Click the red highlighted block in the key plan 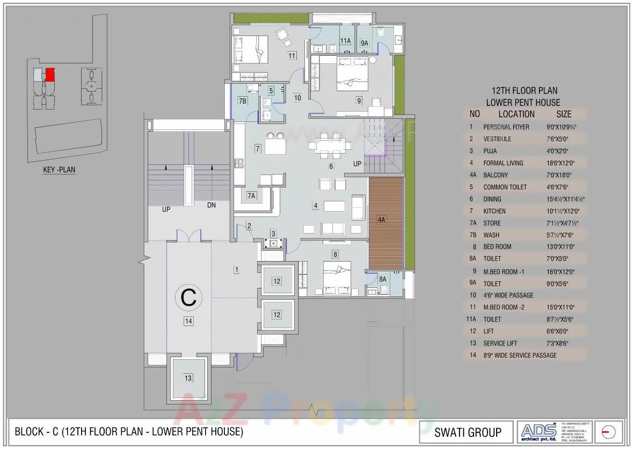pos(50,74)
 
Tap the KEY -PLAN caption pos(59,170)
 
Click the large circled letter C pos(188,297)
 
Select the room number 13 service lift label pos(188,379)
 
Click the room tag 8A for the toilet pos(382,279)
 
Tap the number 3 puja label pos(273,233)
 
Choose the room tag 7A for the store pos(251,196)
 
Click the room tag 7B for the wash pos(243,101)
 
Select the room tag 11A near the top pos(345,41)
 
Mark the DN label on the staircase pos(212,205)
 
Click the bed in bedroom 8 pos(337,278)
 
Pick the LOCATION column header pos(516,114)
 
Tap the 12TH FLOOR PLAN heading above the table pos(525,91)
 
